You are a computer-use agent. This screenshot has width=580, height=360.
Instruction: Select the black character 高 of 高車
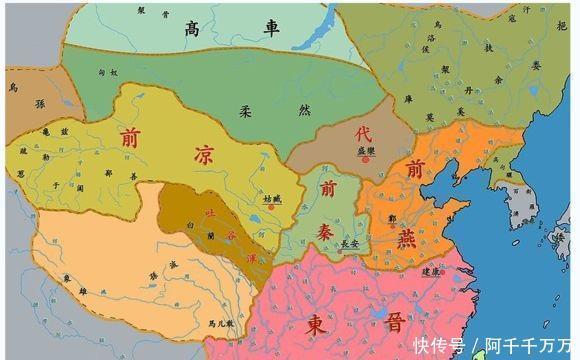coord(192,30)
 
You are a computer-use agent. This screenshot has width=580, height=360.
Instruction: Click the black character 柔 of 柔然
coord(244,112)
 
